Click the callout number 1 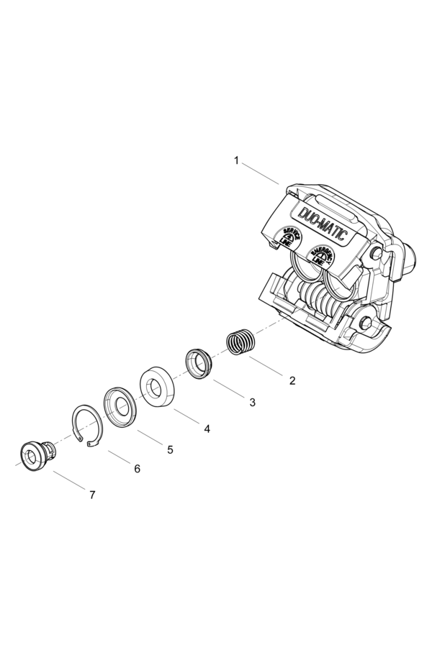coord(236,160)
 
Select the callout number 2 coord(292,380)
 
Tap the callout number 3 coord(252,403)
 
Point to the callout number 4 coord(207,429)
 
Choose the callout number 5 coord(170,449)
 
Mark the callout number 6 coord(137,469)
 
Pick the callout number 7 coord(92,495)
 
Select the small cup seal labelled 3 coord(199,362)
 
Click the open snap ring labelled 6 coord(86,427)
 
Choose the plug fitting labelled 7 coord(36,456)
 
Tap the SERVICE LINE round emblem coord(288,237)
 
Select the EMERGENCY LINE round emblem coord(320,256)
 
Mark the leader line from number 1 coord(260,174)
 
